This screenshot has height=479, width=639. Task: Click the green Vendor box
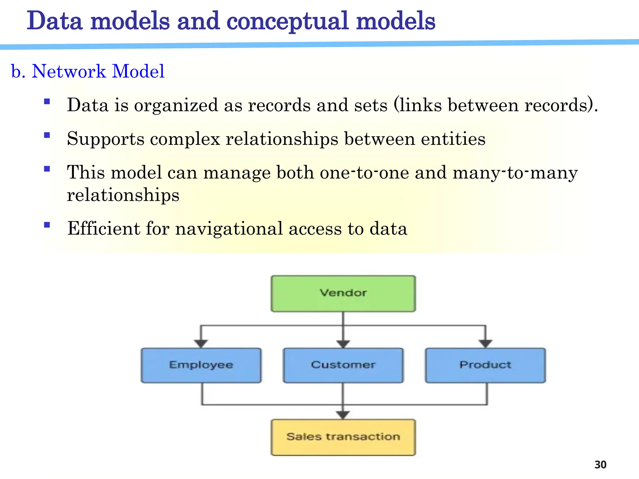(343, 293)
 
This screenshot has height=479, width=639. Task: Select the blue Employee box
(201, 365)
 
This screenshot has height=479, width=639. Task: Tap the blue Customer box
(343, 365)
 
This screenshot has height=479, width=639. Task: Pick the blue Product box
(485, 365)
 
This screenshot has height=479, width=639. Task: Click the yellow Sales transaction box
(343, 437)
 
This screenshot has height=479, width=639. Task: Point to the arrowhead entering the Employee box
(201, 344)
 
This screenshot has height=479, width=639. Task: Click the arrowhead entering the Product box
(485, 344)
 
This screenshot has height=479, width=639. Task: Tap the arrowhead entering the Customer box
(343, 344)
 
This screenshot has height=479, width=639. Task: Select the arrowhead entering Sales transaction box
(343, 415)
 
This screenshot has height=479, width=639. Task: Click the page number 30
(600, 465)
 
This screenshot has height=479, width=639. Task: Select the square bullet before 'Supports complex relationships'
(47, 135)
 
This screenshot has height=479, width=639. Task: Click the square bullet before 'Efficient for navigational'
(47, 225)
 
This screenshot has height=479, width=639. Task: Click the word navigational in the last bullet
(229, 229)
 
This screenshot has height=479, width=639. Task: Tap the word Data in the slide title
(55, 21)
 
